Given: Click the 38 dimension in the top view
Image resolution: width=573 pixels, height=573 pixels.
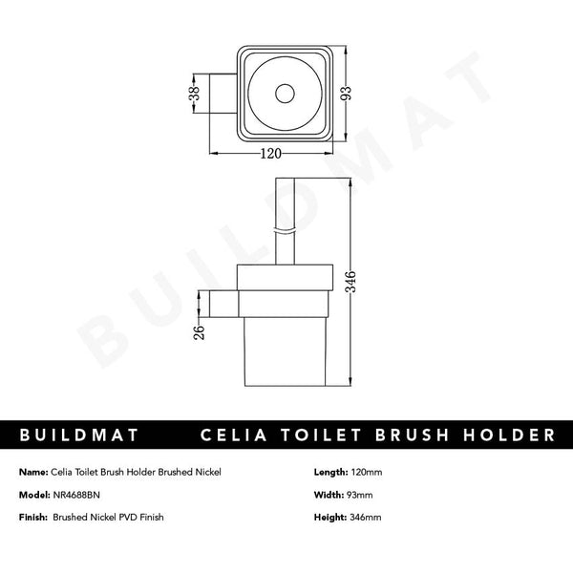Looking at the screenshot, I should click(x=195, y=94).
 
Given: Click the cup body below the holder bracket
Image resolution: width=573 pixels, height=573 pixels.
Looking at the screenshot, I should click(x=284, y=349).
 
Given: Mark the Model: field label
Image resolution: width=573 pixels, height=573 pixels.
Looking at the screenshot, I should click(x=33, y=497).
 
